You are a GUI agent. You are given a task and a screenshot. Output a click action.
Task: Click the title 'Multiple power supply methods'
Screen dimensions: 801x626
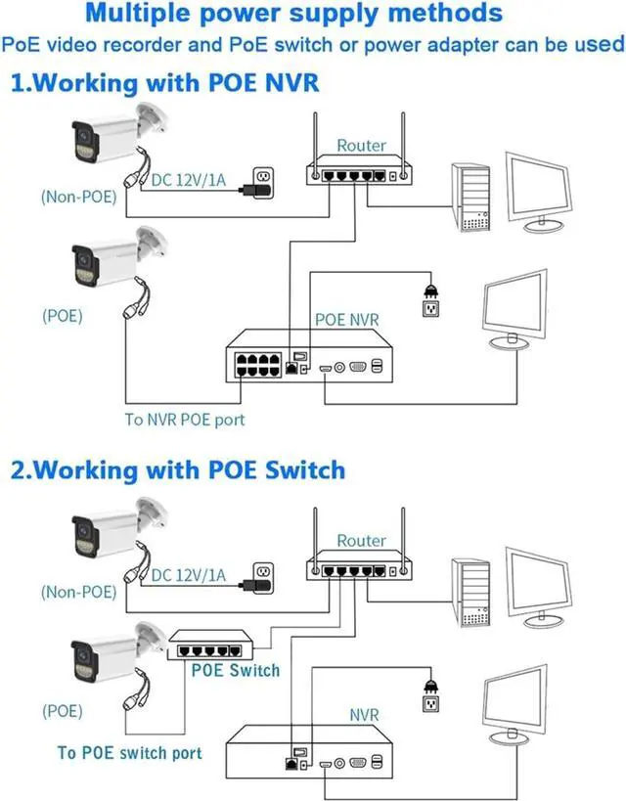pyautogui.click(x=293, y=15)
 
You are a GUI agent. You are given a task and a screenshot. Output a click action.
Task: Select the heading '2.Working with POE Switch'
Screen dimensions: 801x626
pyautogui.click(x=178, y=470)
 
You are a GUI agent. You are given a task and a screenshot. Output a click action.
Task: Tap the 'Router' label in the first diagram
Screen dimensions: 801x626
pyautogui.click(x=361, y=146)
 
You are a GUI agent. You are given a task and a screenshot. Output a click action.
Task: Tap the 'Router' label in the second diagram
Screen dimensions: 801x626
pyautogui.click(x=361, y=540)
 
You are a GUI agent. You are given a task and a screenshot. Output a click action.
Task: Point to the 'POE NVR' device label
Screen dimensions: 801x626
pyautogui.click(x=346, y=320)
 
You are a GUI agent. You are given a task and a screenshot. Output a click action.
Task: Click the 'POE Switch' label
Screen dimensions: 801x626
pyautogui.click(x=235, y=670)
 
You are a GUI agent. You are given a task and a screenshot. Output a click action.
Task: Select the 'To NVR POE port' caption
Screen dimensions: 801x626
pyautogui.click(x=184, y=420)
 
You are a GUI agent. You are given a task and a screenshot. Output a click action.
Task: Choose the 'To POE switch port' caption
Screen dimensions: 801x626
pyautogui.click(x=130, y=752)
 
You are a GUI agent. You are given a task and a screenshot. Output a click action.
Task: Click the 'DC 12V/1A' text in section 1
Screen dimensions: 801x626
pyautogui.click(x=190, y=179)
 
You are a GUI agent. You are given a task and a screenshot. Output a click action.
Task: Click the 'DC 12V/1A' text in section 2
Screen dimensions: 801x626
pyautogui.click(x=190, y=576)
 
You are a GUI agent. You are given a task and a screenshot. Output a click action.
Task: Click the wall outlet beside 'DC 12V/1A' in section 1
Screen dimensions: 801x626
pyautogui.click(x=262, y=178)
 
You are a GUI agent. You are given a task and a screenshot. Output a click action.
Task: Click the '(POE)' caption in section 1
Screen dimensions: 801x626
pyautogui.click(x=62, y=316)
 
